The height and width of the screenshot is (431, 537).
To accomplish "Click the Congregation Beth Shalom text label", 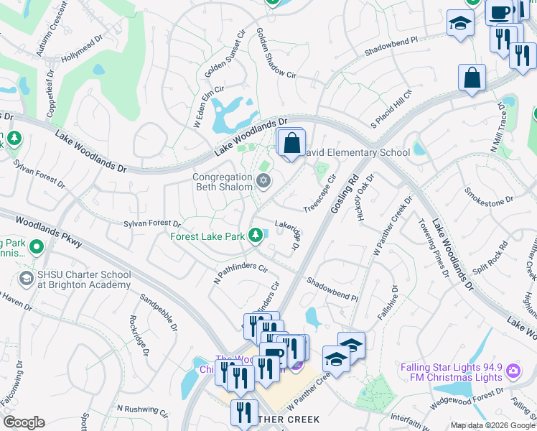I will pos(223,182).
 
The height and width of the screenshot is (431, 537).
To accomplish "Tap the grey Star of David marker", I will pos(263,180).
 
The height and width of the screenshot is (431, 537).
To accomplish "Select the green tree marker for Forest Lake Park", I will pos(255,235).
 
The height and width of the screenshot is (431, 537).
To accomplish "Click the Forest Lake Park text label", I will pos(207,236).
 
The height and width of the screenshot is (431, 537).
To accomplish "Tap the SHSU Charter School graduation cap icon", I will pos(27,279).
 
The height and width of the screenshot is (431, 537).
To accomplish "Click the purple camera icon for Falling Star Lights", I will pos(513,371).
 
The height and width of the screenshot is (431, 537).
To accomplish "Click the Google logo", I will pos(24,422).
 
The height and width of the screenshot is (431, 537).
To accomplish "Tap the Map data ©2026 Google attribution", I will pos(492,425).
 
